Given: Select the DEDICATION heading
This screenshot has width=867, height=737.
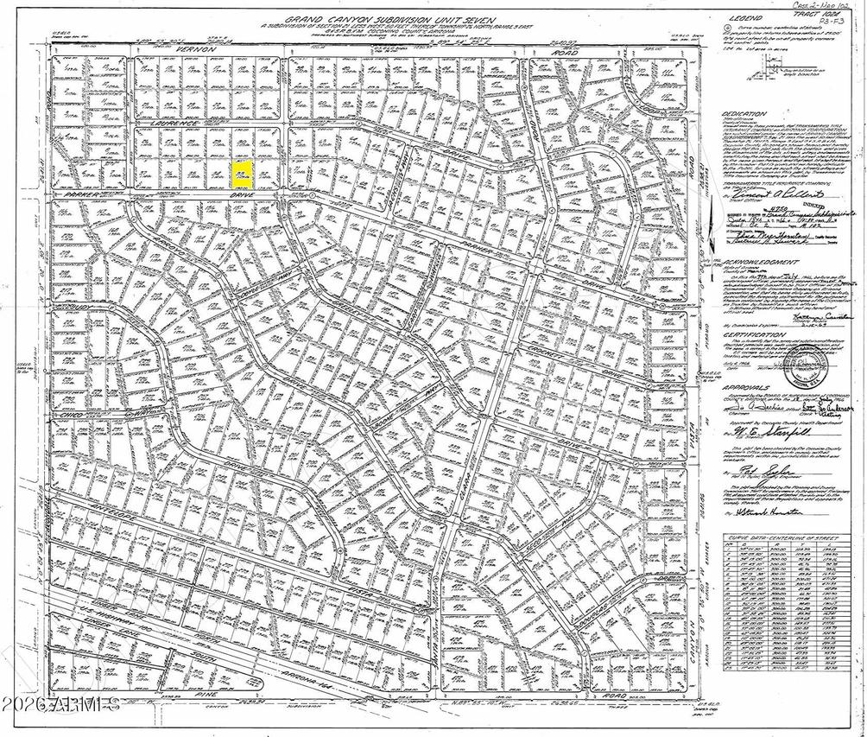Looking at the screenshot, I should [745, 113].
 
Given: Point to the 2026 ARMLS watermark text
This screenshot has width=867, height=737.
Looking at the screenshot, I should [60, 697].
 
